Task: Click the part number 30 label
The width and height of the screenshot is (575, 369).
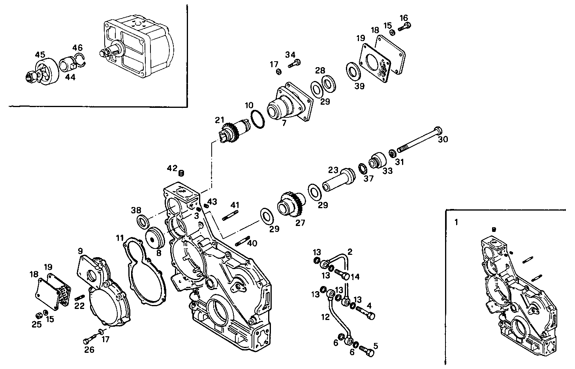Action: click(443, 139)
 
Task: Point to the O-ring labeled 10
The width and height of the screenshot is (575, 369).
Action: click(257, 119)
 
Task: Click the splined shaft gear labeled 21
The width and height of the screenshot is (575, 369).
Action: click(234, 131)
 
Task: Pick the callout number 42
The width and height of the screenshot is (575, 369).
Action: click(172, 168)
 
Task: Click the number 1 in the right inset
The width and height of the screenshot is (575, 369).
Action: click(456, 222)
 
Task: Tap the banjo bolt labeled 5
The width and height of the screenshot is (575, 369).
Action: click(367, 350)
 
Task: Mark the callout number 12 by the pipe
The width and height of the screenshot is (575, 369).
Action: click(325, 316)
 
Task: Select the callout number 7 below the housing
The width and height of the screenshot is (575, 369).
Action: click(283, 124)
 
